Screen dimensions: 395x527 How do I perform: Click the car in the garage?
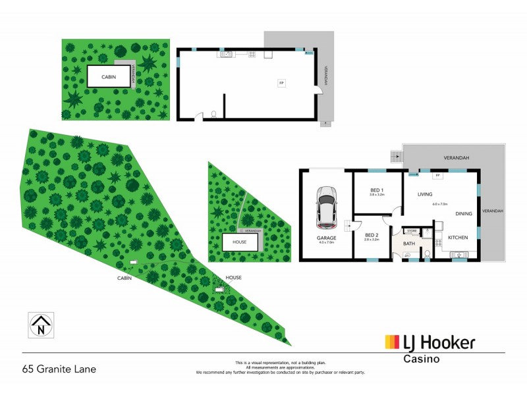click(x=326, y=204)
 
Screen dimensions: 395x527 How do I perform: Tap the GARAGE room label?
click(x=326, y=237)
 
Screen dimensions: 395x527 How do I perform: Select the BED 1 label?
click(x=377, y=190)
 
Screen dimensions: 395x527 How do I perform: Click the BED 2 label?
click(x=372, y=235)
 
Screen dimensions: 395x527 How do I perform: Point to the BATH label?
click(x=409, y=244)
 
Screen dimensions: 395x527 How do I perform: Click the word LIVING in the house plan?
click(x=424, y=194)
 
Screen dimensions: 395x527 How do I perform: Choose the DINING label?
click(x=464, y=213)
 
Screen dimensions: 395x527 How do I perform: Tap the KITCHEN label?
click(x=458, y=237)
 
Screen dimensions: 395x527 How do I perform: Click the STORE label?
click(x=412, y=231)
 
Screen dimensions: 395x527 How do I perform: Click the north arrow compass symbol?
click(x=42, y=325)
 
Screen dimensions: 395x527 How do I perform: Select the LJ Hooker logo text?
click(x=430, y=343)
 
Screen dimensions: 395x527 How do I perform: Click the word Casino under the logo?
click(x=421, y=359)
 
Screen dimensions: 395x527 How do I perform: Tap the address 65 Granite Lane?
click(x=59, y=369)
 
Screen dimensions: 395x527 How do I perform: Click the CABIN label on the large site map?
click(x=125, y=278)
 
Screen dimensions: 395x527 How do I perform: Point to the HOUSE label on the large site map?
click(x=234, y=278)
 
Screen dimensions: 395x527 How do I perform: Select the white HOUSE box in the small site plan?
click(x=240, y=242)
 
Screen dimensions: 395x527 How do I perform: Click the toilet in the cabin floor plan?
click(x=213, y=115)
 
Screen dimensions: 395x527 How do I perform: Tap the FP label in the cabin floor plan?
click(x=281, y=84)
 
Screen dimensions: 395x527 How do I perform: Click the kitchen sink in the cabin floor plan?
click(x=224, y=55)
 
